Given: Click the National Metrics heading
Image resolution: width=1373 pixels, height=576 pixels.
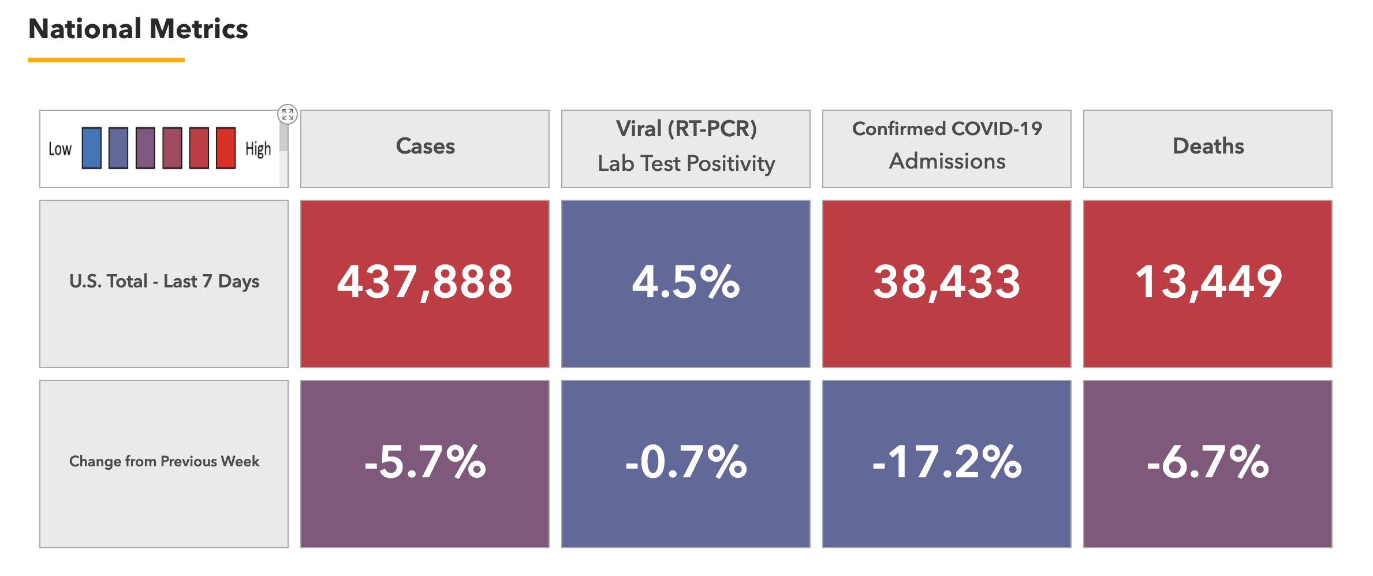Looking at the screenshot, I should coord(138,29).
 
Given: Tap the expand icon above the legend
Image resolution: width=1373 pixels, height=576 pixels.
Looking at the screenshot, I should coord(288,114).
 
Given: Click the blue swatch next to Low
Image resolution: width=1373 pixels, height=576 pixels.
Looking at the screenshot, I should coord(92,148).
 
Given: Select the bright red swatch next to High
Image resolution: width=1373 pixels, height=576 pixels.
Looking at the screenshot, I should coord(226,148).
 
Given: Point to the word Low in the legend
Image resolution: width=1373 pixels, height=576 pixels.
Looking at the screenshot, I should coord(60,149).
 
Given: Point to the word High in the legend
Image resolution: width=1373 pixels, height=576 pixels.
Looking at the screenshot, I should coord(258,149).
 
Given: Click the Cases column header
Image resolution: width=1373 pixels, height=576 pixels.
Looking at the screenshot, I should coord(425,147).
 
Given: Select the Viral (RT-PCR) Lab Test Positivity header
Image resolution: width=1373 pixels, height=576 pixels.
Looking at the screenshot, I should coord(686,147).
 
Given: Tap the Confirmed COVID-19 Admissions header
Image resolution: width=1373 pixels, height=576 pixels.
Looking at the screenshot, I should coord(947,145).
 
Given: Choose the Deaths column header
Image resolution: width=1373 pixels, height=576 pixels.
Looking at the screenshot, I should coord(1208,147).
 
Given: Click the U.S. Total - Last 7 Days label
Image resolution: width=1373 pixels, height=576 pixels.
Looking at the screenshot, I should coord(164,282).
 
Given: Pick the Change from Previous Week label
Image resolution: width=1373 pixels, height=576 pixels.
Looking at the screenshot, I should coord(164,462).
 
